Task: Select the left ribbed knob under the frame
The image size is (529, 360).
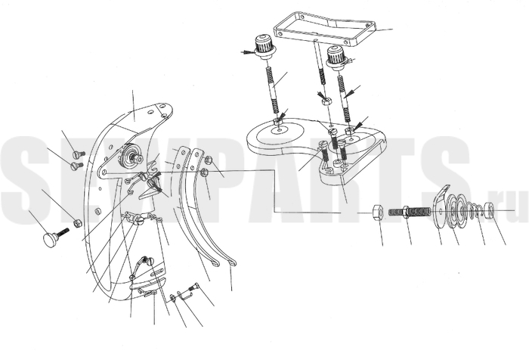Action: (264, 47)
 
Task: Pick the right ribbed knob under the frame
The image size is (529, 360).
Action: (337, 57)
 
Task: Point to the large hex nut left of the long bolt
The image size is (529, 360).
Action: (378, 213)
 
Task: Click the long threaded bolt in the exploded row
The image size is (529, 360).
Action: (410, 212)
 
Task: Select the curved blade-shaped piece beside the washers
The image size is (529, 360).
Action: (441, 206)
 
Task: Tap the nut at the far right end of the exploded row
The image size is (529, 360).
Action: (490, 209)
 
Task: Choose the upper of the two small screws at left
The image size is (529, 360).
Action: (79, 154)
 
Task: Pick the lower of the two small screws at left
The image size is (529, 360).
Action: (77, 166)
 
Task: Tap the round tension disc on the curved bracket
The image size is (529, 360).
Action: (129, 153)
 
